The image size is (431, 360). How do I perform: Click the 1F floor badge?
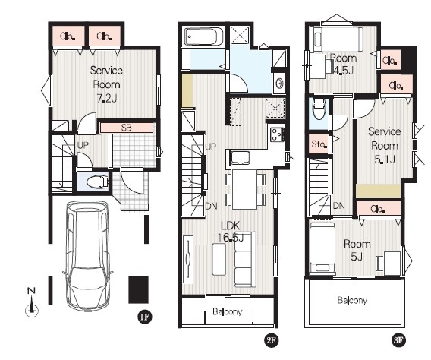(x=145, y=317)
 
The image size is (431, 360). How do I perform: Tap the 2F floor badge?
(x=271, y=340)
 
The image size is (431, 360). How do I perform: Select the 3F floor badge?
(x=398, y=340)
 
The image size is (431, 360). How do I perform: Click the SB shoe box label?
(x=127, y=128)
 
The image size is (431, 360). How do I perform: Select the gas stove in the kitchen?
(x=277, y=134)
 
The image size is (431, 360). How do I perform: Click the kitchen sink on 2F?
(x=241, y=158)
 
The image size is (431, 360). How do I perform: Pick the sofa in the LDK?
(x=245, y=260)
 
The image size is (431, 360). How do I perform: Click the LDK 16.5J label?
(x=231, y=232)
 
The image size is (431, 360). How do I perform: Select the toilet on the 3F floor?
(x=319, y=109)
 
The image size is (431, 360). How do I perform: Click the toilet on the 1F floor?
(x=98, y=182)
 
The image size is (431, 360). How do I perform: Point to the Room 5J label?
(x=357, y=251)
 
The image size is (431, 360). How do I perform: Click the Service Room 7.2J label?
(x=106, y=84)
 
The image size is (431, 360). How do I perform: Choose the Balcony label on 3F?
(x=352, y=300)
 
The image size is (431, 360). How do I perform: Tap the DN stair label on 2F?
(x=212, y=206)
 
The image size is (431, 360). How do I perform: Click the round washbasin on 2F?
(x=280, y=83)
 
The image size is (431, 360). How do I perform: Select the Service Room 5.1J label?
(x=385, y=145)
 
